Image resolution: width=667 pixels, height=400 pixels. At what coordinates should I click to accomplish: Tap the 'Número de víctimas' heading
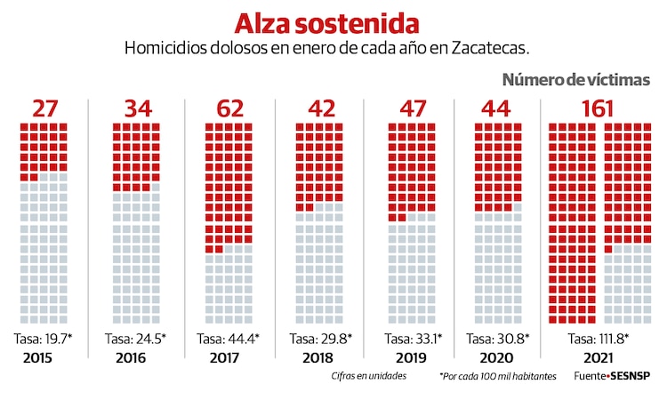(575, 80)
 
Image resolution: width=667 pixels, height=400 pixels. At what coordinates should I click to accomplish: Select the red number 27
(44, 108)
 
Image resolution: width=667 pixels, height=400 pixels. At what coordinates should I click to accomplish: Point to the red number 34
(136, 108)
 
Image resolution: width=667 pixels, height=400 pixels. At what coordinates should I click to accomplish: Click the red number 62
(229, 108)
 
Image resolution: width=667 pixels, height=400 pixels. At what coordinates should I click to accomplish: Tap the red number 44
(499, 108)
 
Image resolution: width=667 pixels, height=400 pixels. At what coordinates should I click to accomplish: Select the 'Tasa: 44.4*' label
(228, 339)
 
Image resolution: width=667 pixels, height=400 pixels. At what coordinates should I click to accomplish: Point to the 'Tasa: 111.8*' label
(598, 339)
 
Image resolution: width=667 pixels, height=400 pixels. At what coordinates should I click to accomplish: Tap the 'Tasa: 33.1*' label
(412, 339)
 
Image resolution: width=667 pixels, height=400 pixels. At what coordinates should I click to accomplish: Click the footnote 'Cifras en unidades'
(365, 377)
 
